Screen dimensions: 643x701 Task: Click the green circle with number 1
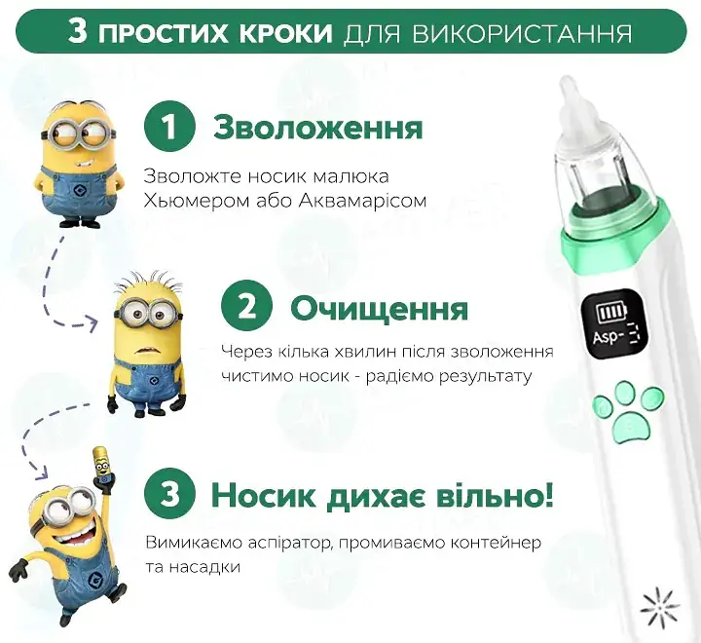170,129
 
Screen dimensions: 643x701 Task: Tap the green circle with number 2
247,308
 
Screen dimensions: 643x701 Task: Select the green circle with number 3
170,496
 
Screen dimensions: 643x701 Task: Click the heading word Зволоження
317,129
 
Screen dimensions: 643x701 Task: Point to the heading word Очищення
379,309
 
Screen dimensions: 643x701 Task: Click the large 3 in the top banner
78,31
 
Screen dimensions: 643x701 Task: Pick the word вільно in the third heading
493,496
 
